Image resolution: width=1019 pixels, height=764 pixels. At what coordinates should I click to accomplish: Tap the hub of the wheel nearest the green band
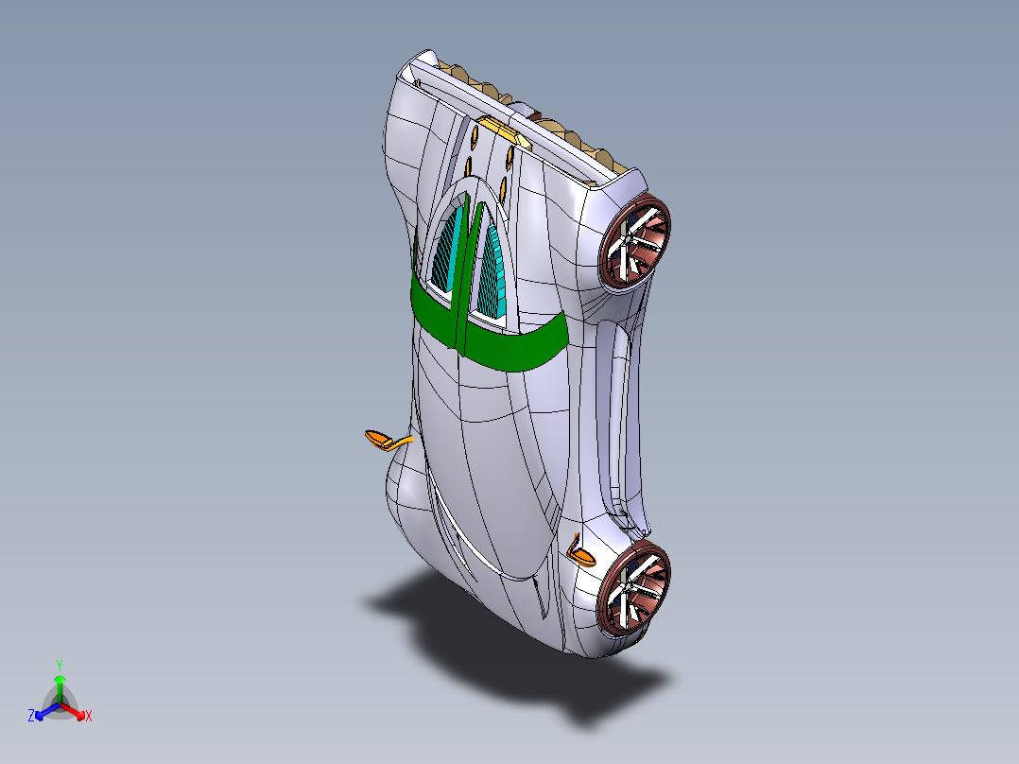[x=633, y=242]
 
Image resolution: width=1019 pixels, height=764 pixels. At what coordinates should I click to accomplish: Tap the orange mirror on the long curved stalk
[x=380, y=439]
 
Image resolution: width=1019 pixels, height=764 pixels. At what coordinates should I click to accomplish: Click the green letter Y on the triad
[x=59, y=665]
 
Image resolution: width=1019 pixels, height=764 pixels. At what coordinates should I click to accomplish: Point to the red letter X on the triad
[x=89, y=717]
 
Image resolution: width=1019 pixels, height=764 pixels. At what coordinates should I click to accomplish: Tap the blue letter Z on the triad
[x=31, y=717]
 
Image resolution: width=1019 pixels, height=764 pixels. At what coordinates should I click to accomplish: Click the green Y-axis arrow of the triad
[x=59, y=688]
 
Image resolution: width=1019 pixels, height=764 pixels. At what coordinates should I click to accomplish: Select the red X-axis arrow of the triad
[x=76, y=712]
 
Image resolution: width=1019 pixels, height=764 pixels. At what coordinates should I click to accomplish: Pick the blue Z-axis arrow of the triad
[x=43, y=712]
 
